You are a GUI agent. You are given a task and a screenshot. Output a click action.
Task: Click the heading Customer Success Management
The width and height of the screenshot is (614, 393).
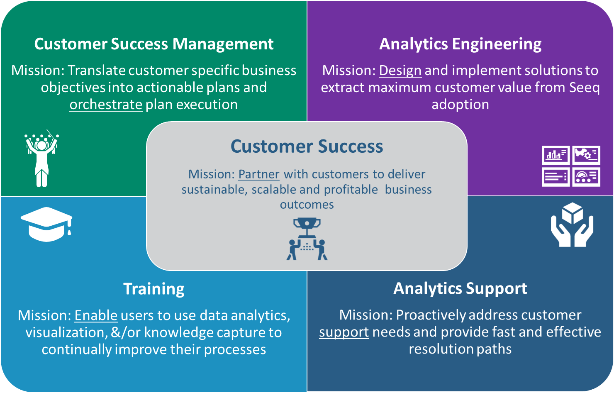[x=154, y=44]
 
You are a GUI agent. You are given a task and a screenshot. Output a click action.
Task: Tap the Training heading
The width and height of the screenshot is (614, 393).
[x=154, y=289]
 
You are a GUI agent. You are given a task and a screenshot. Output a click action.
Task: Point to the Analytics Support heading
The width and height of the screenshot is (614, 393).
[x=460, y=289]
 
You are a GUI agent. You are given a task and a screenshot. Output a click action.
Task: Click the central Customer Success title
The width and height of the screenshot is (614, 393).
[x=307, y=146]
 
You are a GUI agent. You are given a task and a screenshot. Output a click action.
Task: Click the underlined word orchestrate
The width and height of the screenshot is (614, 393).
[x=106, y=105]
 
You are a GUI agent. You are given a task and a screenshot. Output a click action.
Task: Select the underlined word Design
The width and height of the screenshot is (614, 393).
[x=400, y=71]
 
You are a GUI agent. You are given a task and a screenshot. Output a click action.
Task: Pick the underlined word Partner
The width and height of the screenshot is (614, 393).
[x=259, y=174]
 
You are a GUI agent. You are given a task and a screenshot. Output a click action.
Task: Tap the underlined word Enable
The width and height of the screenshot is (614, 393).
[x=96, y=315]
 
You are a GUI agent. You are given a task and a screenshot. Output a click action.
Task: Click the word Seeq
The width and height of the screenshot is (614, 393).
[x=584, y=88]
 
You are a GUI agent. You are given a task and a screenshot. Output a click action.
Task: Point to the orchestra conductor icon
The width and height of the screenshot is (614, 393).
[x=41, y=158]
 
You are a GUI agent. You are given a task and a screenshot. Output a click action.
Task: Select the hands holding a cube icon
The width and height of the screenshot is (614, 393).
[x=572, y=225]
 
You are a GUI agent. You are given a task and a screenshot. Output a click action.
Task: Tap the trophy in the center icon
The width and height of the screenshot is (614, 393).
[x=307, y=228]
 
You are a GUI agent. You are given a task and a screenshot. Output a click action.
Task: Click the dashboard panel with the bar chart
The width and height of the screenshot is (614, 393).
[x=556, y=155]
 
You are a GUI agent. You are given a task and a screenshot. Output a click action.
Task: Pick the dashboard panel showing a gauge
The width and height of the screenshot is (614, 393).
[x=586, y=177]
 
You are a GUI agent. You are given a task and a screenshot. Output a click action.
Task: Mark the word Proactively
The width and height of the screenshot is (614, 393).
[x=431, y=315]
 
